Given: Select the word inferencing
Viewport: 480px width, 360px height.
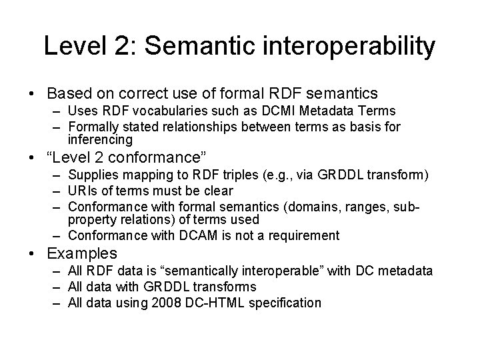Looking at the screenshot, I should click(100, 141).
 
